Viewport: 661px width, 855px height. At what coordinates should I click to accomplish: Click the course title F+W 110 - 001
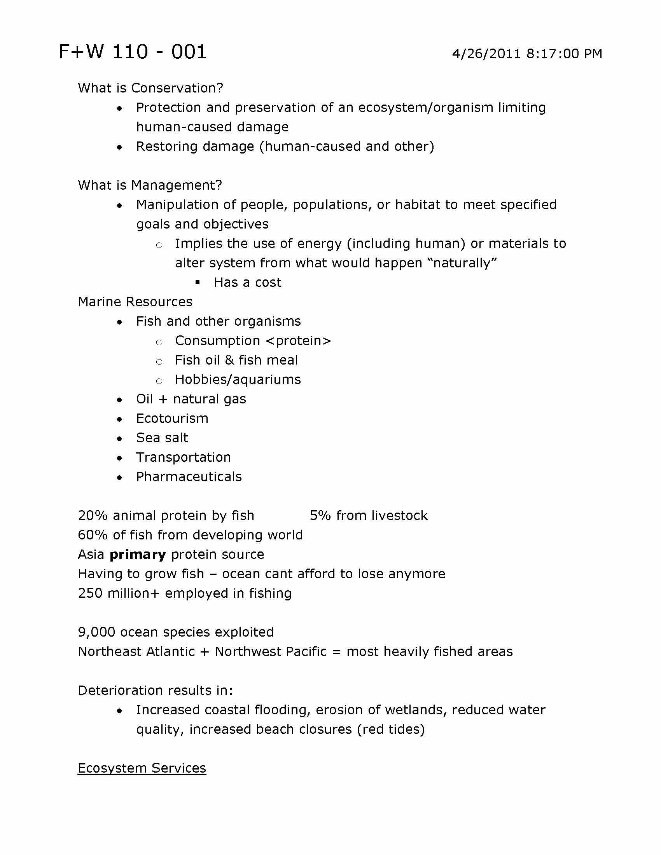(x=132, y=52)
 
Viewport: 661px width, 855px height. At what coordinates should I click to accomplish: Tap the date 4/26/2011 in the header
(x=486, y=54)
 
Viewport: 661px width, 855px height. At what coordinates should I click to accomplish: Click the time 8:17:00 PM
(x=564, y=54)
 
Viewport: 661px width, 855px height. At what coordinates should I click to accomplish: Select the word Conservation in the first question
(x=177, y=88)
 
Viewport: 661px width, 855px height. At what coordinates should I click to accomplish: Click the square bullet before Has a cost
(x=198, y=282)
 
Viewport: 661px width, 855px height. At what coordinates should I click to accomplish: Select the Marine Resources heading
(x=135, y=302)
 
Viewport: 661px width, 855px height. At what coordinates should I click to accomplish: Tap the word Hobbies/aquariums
(x=238, y=380)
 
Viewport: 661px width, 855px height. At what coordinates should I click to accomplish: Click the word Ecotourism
(x=172, y=419)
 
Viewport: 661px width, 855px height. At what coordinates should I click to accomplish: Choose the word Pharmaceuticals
(x=189, y=477)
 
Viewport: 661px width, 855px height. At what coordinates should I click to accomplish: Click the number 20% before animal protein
(x=93, y=516)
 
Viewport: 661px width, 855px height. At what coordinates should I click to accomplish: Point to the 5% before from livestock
(x=320, y=516)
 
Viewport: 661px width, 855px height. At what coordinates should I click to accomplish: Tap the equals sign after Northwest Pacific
(x=336, y=652)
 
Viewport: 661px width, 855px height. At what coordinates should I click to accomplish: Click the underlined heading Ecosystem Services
(x=142, y=768)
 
